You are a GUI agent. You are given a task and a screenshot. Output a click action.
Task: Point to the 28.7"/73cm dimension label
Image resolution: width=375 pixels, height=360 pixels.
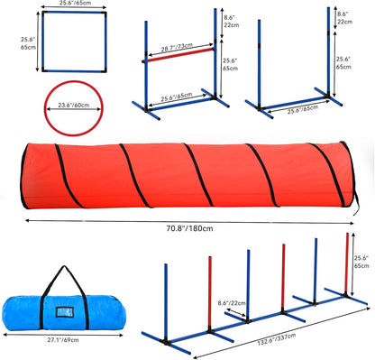(x=176, y=46)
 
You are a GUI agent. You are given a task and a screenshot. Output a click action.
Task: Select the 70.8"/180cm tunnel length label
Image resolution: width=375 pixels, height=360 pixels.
(x=183, y=229)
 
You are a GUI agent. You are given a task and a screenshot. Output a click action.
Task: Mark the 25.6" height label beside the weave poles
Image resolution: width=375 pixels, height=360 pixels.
(x=362, y=262)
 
